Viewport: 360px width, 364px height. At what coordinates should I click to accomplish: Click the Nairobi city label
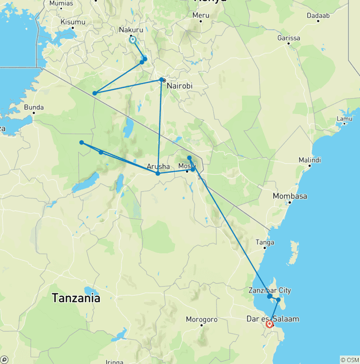180,86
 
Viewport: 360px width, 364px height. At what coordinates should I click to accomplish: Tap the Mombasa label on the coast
290,196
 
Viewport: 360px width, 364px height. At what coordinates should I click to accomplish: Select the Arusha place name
158,167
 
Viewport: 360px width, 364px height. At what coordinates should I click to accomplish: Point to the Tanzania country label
76,298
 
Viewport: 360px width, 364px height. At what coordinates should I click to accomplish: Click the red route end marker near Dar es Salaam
270,324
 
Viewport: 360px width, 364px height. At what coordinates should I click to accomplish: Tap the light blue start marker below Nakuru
133,40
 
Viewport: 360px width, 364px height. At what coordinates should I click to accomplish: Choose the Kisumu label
73,22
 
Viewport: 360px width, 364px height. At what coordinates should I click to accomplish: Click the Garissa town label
289,37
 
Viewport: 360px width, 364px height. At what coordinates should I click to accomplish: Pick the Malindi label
309,160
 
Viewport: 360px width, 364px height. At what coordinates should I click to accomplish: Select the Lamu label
344,118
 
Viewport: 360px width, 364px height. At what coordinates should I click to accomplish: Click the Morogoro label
202,320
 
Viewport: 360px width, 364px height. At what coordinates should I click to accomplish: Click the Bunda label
34,107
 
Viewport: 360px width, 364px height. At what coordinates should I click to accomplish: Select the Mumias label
61,3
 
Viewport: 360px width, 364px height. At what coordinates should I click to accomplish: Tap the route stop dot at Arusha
157,174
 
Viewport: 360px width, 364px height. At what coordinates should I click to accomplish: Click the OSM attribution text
349,360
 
